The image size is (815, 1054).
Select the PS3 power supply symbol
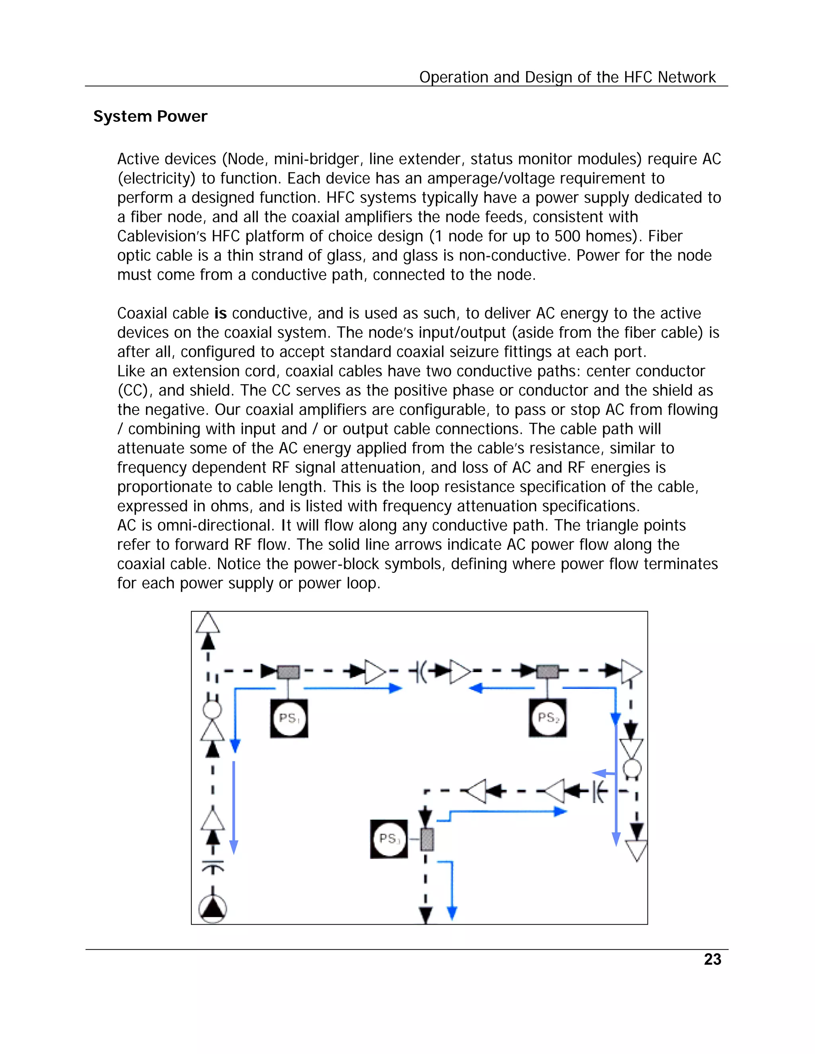coord(389,839)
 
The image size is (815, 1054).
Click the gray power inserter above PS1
coord(288,672)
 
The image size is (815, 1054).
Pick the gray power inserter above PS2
coord(548,671)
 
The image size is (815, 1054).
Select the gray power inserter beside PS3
coord(427,839)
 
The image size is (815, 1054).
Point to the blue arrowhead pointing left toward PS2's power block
coord(476,688)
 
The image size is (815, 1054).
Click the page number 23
coord(712,959)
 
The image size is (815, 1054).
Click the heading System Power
coord(150,116)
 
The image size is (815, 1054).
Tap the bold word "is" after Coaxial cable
coord(220,313)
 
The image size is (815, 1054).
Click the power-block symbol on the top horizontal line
coord(419,671)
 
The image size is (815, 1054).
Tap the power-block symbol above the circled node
coord(213,866)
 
